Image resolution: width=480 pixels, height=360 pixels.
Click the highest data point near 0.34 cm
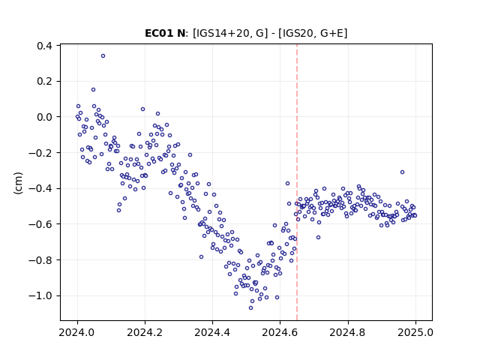(103, 56)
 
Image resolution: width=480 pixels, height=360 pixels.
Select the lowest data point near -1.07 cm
(250, 308)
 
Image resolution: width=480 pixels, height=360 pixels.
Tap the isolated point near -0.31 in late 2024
(402, 172)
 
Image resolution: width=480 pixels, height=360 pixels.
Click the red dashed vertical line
(297, 182)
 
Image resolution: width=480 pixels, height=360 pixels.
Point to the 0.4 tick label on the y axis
(44, 46)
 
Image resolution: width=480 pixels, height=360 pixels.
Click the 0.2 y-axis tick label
(44, 82)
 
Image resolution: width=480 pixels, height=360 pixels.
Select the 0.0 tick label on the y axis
(44, 117)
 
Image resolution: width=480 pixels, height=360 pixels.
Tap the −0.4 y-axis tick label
(40, 188)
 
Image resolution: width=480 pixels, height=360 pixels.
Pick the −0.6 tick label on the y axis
(40, 224)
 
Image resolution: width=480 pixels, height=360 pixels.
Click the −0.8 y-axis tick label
(40, 260)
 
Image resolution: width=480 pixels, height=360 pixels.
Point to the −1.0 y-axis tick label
(40, 295)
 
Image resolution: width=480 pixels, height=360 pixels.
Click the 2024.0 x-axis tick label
(77, 332)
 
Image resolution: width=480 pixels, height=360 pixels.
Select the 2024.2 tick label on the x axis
(145, 332)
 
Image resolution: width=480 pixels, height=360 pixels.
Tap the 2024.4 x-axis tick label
(212, 332)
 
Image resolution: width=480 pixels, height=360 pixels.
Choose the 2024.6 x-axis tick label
(280, 332)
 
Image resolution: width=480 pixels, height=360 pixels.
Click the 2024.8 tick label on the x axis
(348, 332)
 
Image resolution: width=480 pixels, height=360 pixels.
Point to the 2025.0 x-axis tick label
(415, 332)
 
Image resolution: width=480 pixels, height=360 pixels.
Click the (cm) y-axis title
(18, 183)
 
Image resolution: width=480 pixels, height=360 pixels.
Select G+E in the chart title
(332, 33)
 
